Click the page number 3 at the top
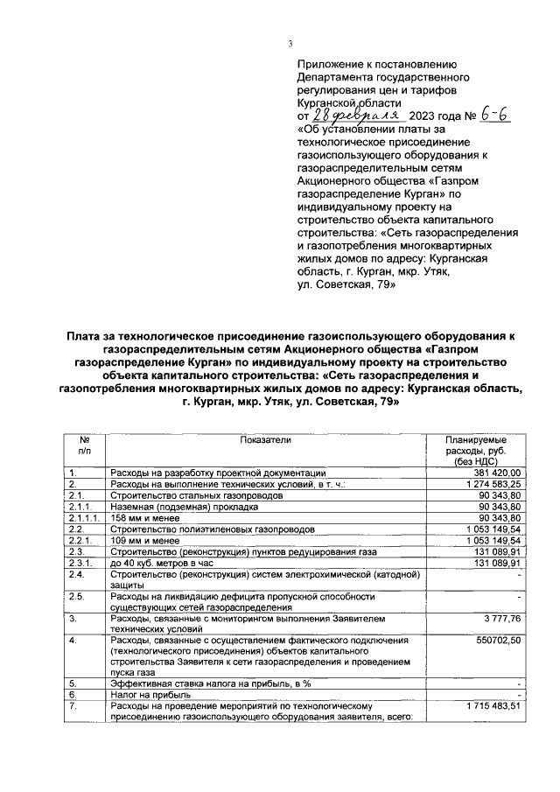point(290,46)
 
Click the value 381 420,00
point(496,472)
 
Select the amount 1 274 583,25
point(491,483)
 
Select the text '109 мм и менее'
point(141,540)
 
